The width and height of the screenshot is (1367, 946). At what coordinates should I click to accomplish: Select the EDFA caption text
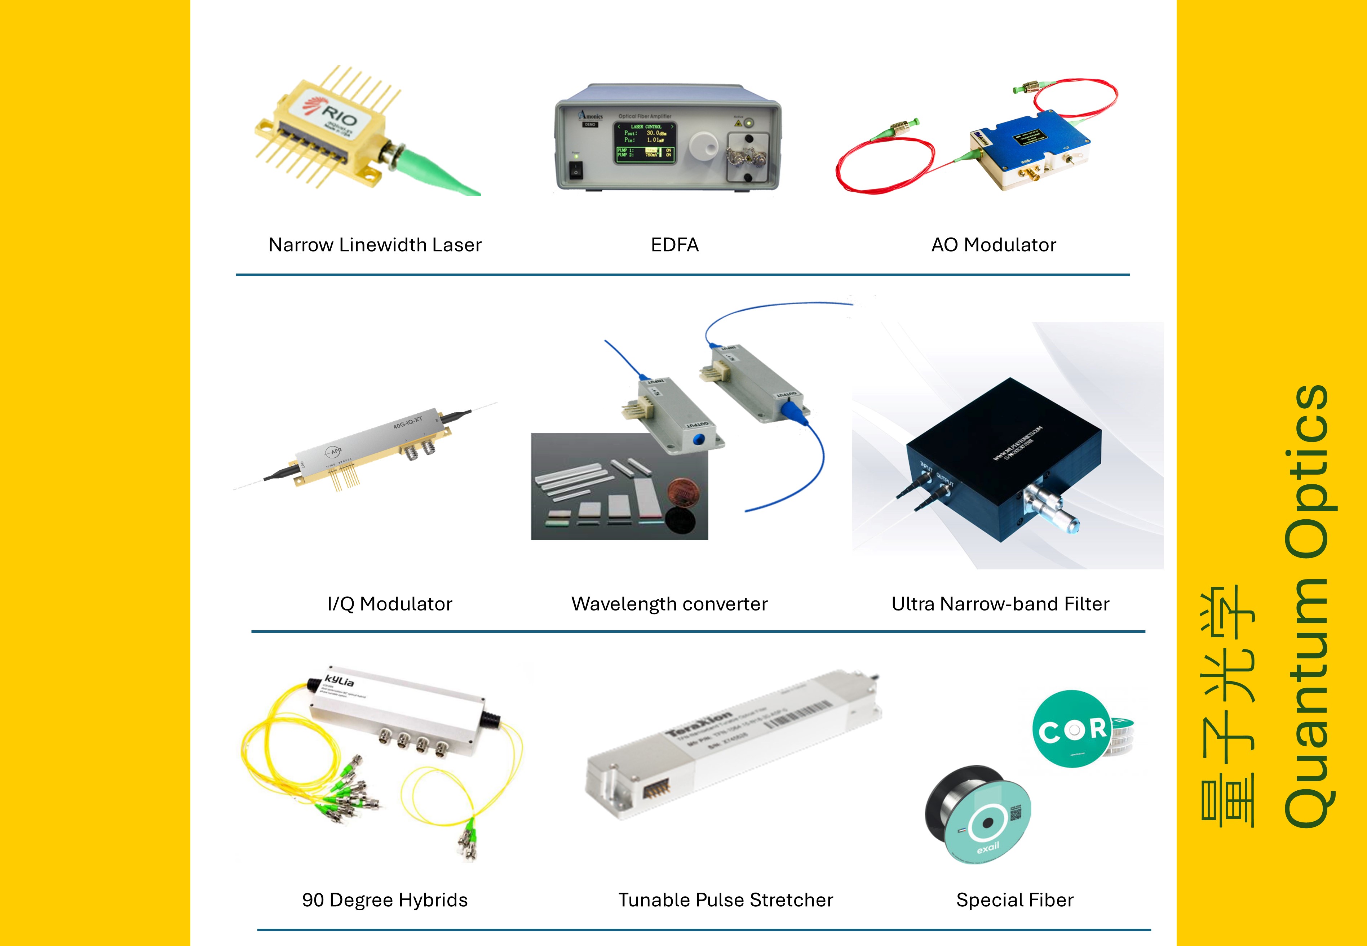[x=674, y=245]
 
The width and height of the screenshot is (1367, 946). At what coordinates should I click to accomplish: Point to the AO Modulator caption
[x=994, y=245]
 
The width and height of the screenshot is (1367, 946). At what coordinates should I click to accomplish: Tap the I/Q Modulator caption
[x=389, y=604]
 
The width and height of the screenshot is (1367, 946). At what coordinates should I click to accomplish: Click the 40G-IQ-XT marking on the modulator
[x=408, y=424]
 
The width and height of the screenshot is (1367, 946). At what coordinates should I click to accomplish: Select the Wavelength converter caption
[x=669, y=604]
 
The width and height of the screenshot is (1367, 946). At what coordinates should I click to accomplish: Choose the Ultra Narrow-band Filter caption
[x=1000, y=604]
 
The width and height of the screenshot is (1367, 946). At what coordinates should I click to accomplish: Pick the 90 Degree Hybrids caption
[x=385, y=900]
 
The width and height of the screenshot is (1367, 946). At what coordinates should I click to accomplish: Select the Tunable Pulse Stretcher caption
[x=726, y=900]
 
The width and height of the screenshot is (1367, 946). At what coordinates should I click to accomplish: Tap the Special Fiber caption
[x=1014, y=900]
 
